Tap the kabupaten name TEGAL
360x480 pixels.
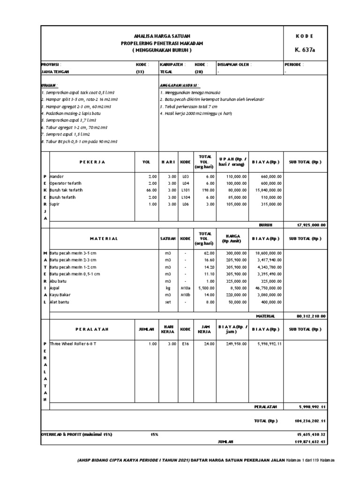166,72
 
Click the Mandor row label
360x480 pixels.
56,176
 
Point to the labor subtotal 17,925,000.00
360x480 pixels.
312,225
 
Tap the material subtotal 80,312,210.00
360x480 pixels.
312,316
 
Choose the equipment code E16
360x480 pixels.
185,344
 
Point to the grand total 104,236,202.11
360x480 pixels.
312,421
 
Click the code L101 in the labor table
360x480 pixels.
185,190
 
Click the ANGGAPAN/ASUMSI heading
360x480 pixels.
180,85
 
